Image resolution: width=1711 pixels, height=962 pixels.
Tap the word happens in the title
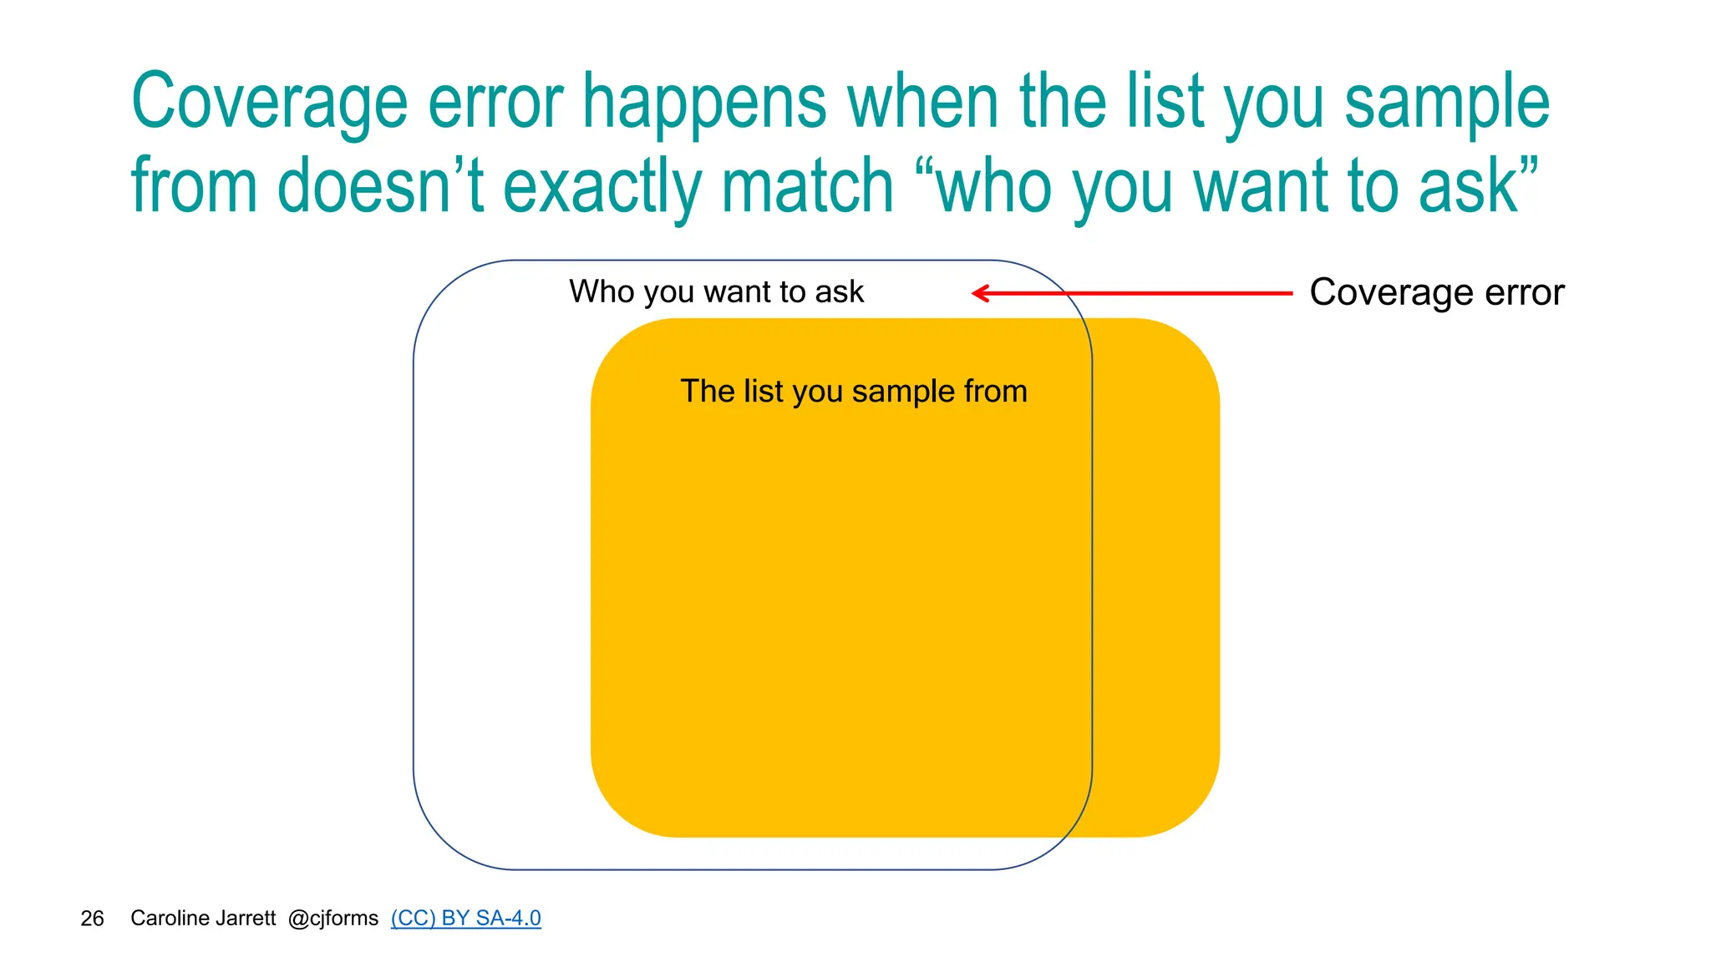704,104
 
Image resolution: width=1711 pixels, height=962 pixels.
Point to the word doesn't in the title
380,187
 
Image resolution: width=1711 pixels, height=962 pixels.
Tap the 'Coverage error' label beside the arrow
1436,292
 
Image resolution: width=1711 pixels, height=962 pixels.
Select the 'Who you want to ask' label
716,291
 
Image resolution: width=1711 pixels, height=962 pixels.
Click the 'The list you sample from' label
853,391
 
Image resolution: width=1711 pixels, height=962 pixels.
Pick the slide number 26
92,919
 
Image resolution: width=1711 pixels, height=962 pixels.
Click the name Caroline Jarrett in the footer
203,918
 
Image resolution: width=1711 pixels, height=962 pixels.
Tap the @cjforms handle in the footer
333,918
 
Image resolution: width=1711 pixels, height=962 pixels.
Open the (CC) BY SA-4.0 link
465,918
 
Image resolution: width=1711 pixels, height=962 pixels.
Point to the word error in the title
495,104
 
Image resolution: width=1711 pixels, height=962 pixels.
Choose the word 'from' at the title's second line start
194,187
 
